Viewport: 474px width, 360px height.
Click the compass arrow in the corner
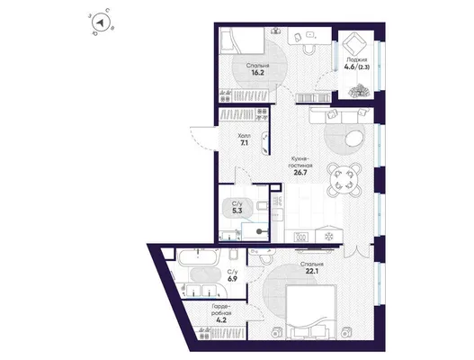pos(100,22)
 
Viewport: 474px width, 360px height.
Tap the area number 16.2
pos(257,73)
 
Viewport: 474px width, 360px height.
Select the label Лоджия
pos(357,60)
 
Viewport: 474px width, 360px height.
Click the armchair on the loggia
pos(353,44)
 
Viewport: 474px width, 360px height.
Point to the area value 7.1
pos(245,143)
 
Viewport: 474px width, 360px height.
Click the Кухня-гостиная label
pos(300,162)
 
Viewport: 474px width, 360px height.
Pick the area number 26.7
pos(300,173)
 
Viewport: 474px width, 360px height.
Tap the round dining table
pos(344,180)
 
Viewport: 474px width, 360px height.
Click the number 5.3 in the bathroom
pos(237,211)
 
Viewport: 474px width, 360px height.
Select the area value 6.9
pos(232,279)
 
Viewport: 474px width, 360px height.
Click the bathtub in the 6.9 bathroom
pos(198,257)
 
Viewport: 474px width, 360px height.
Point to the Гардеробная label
pos(221,310)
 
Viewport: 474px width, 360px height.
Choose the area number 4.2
pos(221,319)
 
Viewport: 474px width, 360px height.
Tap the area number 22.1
pos(312,271)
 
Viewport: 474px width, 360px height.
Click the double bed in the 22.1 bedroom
pos(311,311)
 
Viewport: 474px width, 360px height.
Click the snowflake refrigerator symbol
pos(328,237)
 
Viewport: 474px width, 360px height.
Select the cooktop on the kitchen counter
pos(301,237)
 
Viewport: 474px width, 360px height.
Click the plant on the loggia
pos(359,91)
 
